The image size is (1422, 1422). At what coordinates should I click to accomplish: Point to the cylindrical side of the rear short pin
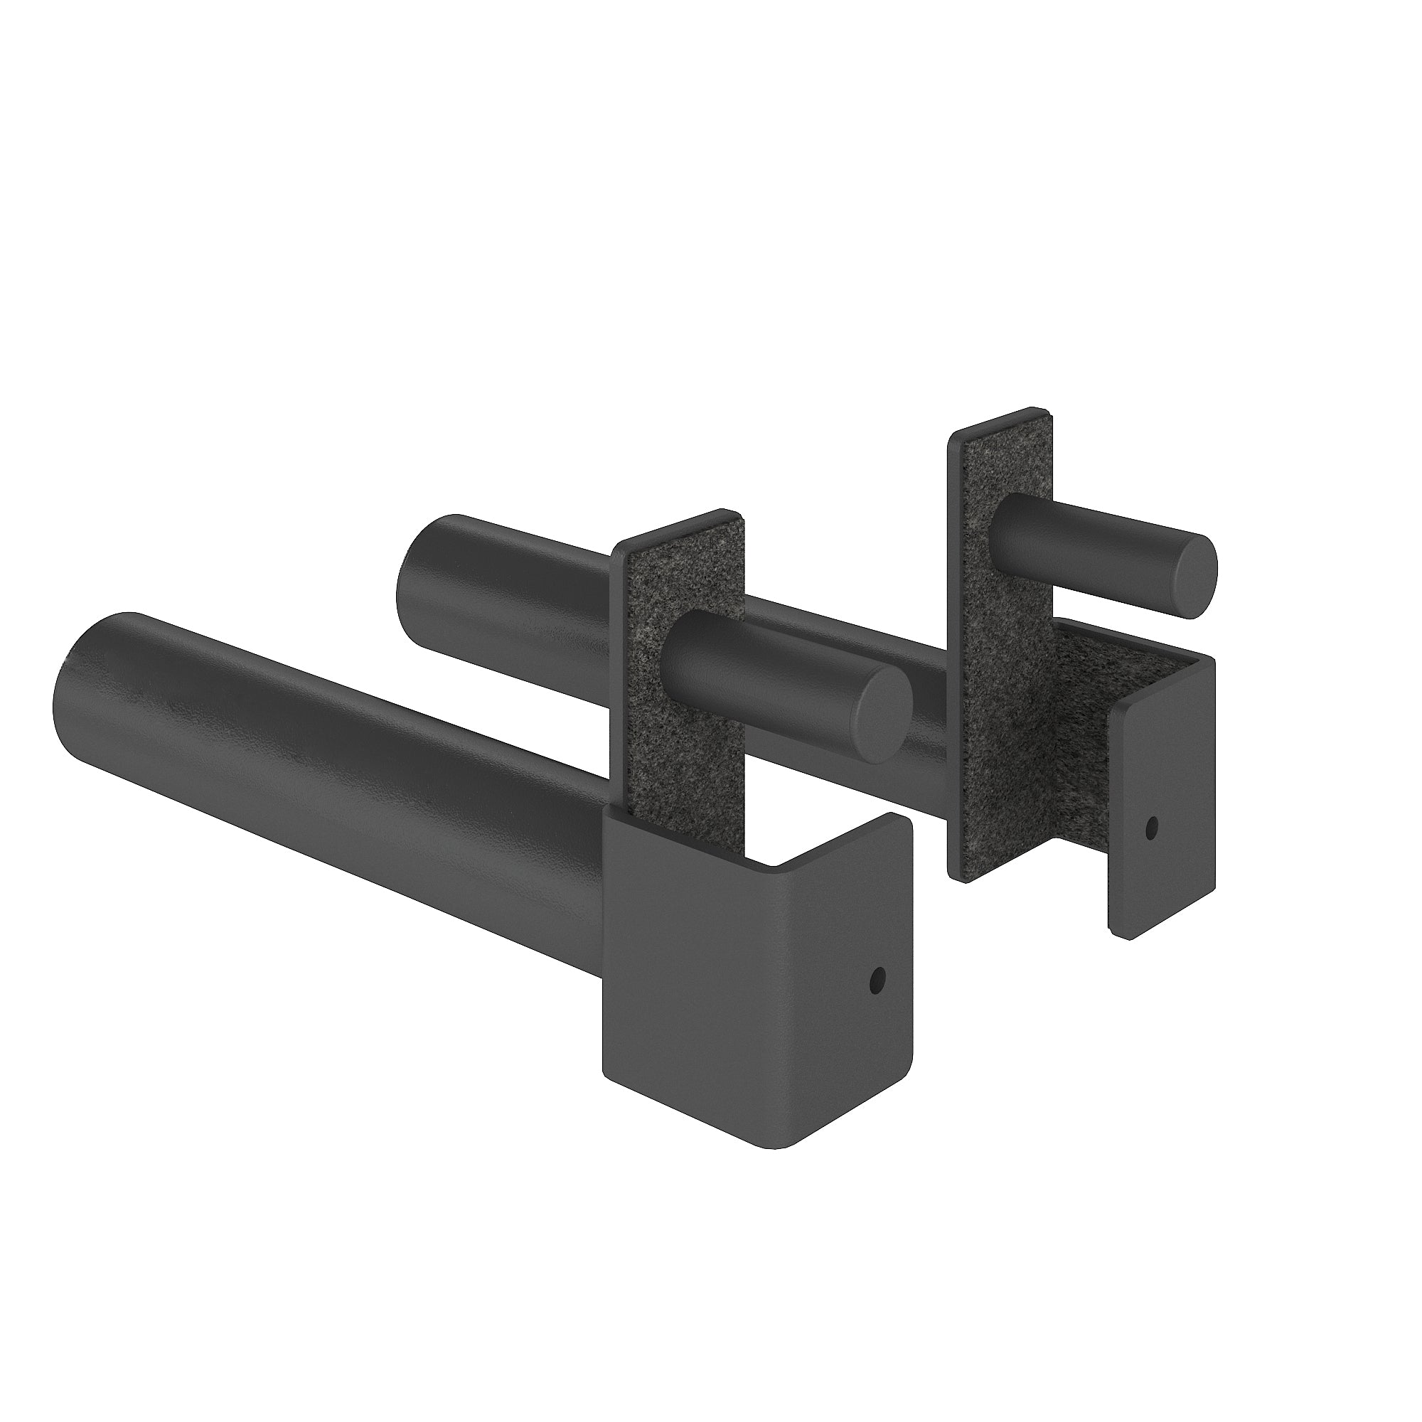point(1089,538)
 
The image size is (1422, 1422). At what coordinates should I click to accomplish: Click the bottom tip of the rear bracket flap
point(1123,936)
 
